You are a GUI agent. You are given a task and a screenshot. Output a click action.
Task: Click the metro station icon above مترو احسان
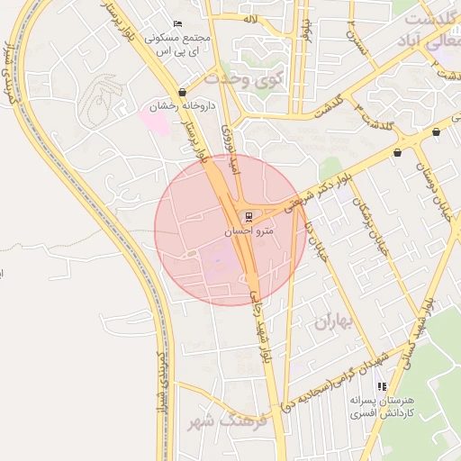[x=249, y=216]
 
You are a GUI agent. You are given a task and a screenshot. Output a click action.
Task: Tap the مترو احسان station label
[x=248, y=231]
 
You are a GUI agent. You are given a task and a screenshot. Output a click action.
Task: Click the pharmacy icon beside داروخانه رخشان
[x=184, y=92]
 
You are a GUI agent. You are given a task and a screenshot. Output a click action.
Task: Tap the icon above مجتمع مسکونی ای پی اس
[x=176, y=23]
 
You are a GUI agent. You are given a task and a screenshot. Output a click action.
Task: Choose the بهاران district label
[x=331, y=321]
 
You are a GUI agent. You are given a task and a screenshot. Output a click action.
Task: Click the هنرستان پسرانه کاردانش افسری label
[x=382, y=405]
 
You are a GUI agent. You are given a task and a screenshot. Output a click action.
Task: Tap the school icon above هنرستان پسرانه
[x=381, y=385]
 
